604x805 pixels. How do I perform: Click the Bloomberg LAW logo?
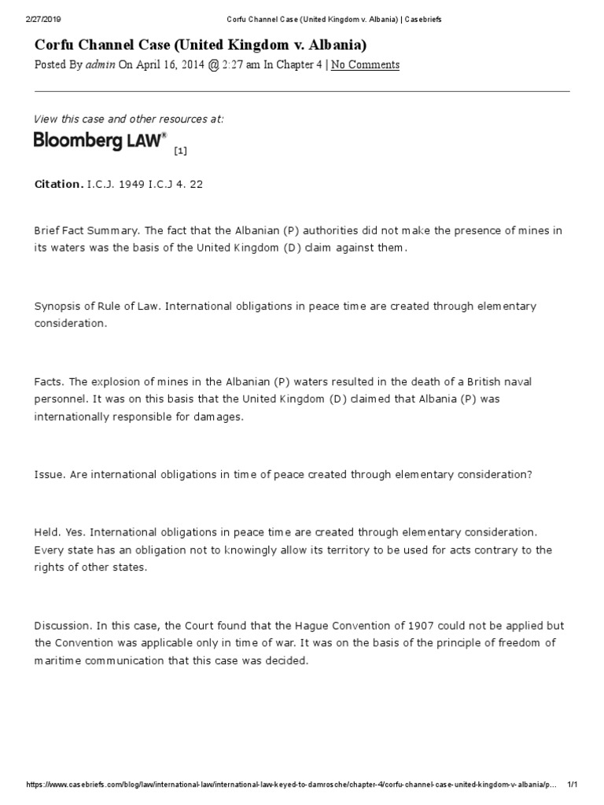(x=100, y=141)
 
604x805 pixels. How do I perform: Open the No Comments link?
(x=365, y=64)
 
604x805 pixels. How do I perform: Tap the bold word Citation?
(x=57, y=184)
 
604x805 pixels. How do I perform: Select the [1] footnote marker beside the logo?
(x=181, y=149)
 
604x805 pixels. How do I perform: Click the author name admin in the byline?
(x=101, y=64)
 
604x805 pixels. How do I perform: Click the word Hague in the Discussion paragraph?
(x=322, y=625)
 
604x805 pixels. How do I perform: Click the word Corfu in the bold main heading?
(x=58, y=44)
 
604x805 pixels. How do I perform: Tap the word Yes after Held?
(x=78, y=532)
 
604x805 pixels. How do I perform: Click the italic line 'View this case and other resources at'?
(x=128, y=119)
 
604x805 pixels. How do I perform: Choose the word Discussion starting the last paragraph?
(x=63, y=625)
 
